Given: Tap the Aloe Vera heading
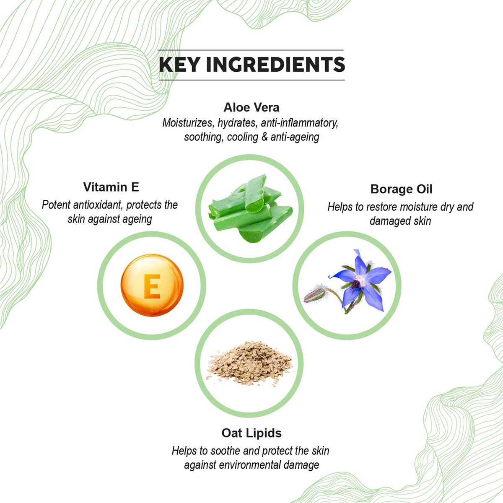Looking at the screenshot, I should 251,107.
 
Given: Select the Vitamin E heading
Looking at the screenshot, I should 111,187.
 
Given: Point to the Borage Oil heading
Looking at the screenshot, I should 401,189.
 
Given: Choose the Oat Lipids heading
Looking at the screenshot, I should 251,433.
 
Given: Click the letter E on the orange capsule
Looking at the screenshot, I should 152,285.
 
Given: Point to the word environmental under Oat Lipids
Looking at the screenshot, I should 246,464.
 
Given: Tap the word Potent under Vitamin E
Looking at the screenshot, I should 56,205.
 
